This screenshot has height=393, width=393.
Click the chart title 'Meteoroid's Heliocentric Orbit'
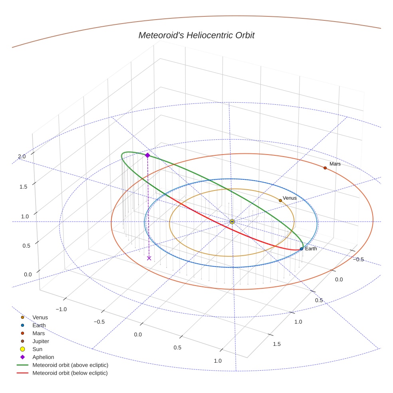coord(196,35)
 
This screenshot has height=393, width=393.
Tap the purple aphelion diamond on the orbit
coord(147,155)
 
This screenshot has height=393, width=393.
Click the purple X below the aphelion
coord(149,258)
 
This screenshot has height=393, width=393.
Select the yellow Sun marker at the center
coord(232,221)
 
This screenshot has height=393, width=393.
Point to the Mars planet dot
coord(325,168)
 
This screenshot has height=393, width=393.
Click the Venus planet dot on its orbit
coord(280,200)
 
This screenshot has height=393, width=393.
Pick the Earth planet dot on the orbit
coord(302,249)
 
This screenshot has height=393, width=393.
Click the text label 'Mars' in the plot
coord(335,164)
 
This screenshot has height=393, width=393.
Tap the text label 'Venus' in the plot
coord(290,198)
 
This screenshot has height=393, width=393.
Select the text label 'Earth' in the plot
coord(311,249)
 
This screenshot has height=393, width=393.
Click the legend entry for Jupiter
coord(41,341)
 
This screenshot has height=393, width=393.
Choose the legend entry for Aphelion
coord(43,357)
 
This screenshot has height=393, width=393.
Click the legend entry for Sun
coord(37,349)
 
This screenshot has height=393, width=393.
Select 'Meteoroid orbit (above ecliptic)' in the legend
coord(70,365)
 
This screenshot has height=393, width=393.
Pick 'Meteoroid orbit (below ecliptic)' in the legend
coord(70,373)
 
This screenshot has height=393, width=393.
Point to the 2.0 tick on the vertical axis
coord(22,157)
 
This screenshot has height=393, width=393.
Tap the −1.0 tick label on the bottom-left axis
coord(61,309)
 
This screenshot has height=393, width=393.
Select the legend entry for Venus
coord(40,317)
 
